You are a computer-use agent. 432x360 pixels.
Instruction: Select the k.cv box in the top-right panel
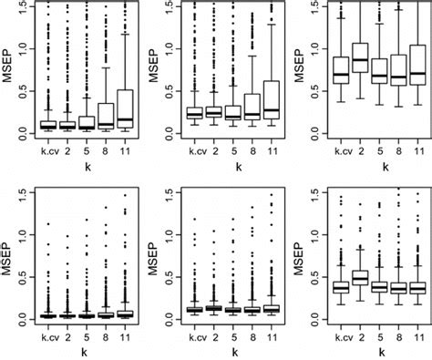(341, 72)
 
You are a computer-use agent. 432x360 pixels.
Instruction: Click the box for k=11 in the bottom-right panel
(417, 287)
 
